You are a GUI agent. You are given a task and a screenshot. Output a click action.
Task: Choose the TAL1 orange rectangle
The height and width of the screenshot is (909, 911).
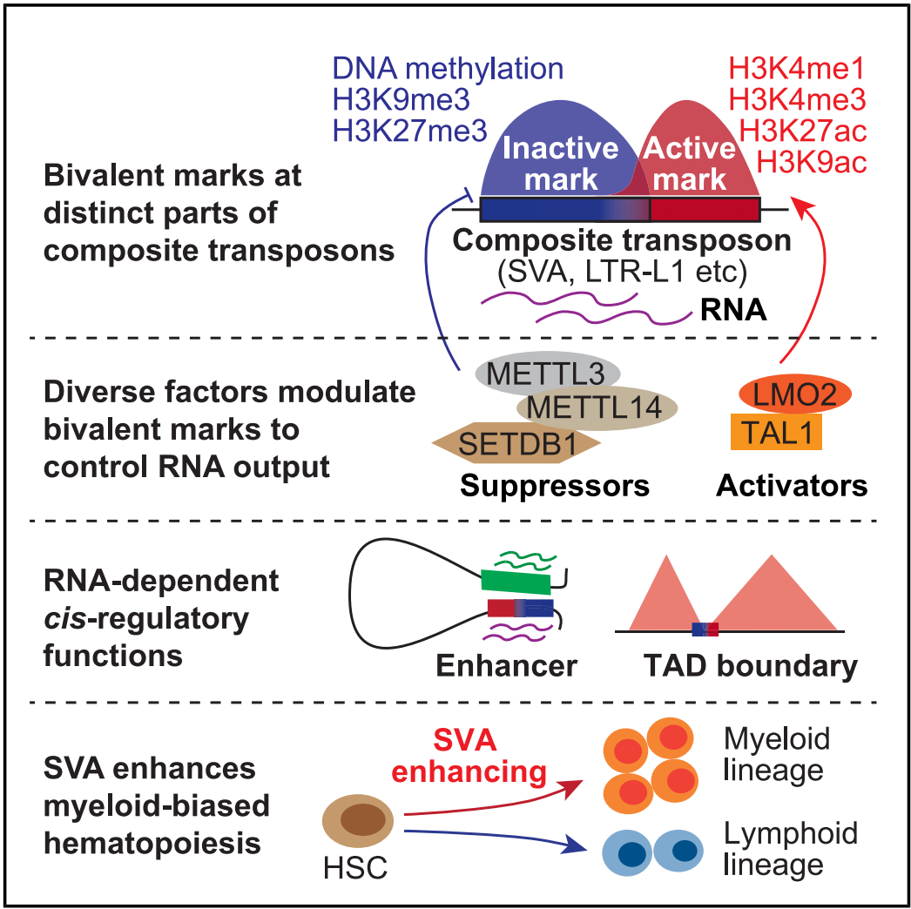pos(777,432)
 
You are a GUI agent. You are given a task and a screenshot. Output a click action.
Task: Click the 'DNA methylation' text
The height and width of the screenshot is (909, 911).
pos(448,70)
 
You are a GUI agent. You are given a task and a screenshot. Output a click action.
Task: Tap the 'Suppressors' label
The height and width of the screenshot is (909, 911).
pos(555,485)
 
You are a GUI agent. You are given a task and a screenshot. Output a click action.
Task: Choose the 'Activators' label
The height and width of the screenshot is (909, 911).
pos(792,485)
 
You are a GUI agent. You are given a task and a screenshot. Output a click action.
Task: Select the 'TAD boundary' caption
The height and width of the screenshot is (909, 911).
pos(750,666)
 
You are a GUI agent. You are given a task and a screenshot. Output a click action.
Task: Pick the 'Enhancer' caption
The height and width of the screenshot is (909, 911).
pos(506,666)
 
